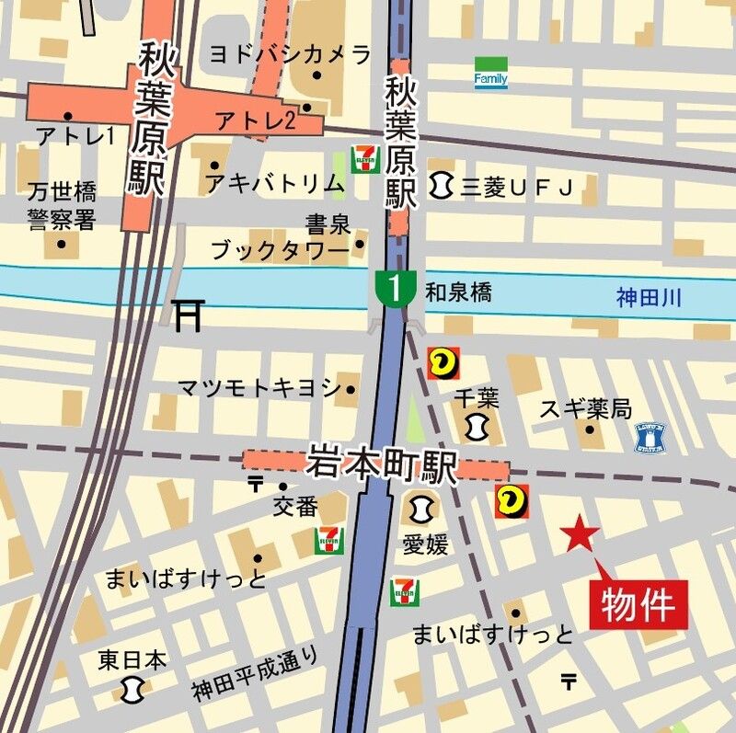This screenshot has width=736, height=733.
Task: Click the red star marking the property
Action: [580, 534]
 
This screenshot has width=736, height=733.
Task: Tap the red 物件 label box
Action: [638, 605]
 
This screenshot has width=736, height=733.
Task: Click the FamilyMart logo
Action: [490, 74]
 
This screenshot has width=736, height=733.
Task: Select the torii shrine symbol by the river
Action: [188, 315]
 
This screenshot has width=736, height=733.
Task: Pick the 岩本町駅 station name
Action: [382, 464]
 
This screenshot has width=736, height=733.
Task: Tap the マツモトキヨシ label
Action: [259, 387]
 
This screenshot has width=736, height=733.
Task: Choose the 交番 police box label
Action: [294, 506]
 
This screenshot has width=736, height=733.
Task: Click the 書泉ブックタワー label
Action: [280, 236]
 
